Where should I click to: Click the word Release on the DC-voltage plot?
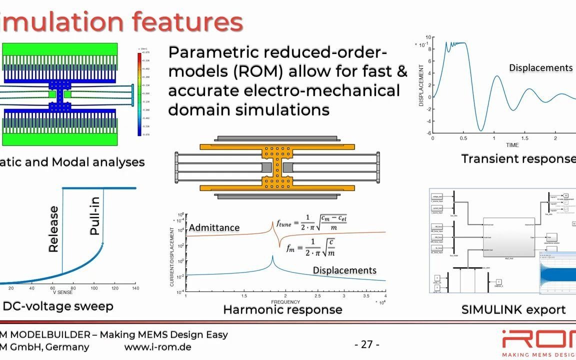point(53,229)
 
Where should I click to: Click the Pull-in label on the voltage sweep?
point(95,216)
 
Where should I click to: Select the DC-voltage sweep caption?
point(58,306)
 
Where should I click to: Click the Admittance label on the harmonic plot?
point(214,227)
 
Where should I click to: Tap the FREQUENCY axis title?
point(285,302)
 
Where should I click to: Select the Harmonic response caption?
point(282,309)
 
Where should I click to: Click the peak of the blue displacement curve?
point(272,257)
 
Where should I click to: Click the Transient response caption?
point(518,159)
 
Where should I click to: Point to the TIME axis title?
point(512,145)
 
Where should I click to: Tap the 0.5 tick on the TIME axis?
point(463,138)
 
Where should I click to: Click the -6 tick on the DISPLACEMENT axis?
point(428,133)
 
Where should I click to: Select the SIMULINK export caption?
point(513,309)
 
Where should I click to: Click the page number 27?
point(366,344)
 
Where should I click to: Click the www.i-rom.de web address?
point(157,347)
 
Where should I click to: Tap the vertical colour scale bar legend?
point(139,93)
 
